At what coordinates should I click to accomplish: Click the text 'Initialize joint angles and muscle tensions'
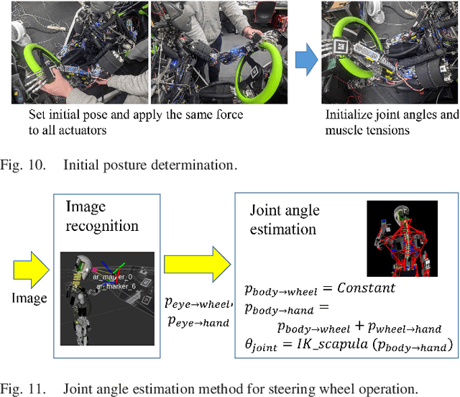(x=391, y=122)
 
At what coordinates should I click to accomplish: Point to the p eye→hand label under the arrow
(x=197, y=323)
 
